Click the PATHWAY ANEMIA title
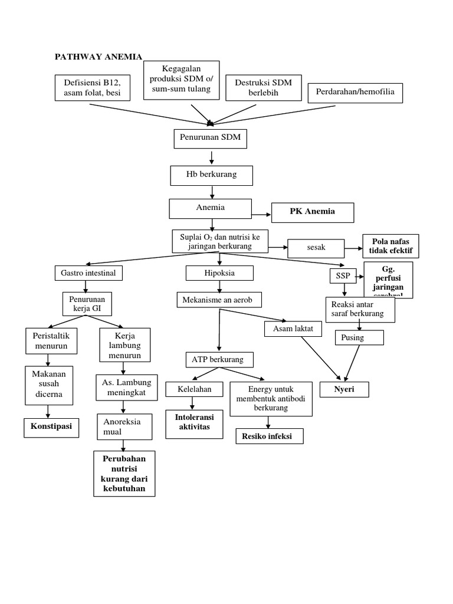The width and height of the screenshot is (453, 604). point(99,57)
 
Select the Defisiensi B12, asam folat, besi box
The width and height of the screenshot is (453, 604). point(93,87)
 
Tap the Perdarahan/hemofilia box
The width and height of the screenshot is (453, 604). point(355,93)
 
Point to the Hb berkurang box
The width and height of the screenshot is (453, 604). point(211,175)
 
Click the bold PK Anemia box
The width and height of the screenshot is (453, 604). point(312,212)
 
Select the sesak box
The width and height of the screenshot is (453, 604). point(317,248)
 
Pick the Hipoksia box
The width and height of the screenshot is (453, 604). point(219,273)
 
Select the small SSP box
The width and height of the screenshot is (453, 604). point(340,276)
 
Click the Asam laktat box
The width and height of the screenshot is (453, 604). point(293,328)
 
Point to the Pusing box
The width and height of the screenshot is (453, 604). point(359,337)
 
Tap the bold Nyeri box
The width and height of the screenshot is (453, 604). point(344,390)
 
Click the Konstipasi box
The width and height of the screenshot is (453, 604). point(51,426)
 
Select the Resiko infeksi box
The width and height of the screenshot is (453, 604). point(270,436)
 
